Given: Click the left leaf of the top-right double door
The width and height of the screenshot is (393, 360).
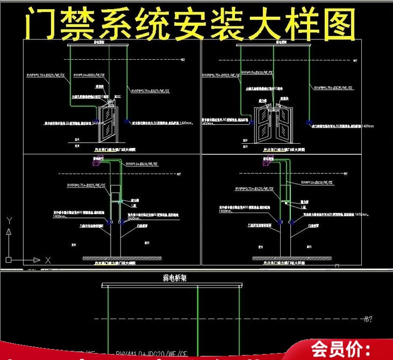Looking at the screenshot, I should [x=265, y=123].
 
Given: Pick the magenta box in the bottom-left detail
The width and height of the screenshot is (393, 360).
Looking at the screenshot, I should [x=97, y=163].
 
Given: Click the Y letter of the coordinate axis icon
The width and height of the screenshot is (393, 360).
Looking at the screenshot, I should [x=9, y=220].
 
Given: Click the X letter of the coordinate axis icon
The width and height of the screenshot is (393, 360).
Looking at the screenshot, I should [x=48, y=260].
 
